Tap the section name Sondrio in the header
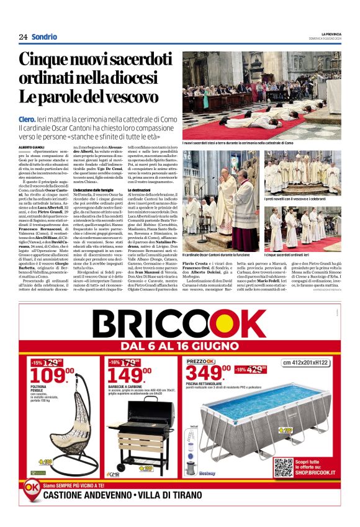pyautogui.click(x=44, y=37)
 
